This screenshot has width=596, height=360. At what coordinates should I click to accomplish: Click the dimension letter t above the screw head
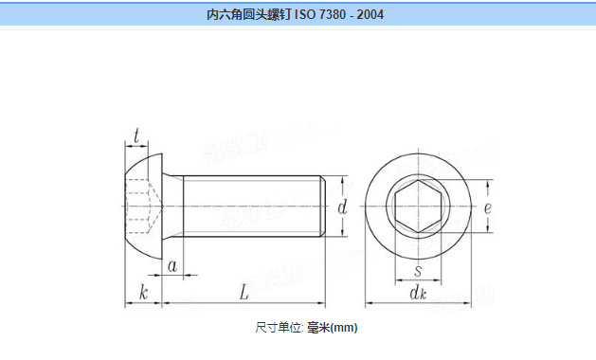point(137,138)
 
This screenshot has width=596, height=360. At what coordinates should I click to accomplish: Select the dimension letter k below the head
point(143,294)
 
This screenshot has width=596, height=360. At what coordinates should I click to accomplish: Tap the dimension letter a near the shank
point(172,266)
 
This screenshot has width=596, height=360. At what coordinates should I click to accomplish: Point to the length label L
point(244,294)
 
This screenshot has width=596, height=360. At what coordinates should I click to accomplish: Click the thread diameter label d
point(342,206)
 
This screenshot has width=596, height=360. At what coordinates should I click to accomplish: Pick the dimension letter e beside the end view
point(487,206)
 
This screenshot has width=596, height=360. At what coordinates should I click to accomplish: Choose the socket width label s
point(417,271)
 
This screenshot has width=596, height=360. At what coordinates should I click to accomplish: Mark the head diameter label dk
point(418,295)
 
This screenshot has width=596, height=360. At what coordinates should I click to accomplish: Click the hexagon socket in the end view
point(418,205)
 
